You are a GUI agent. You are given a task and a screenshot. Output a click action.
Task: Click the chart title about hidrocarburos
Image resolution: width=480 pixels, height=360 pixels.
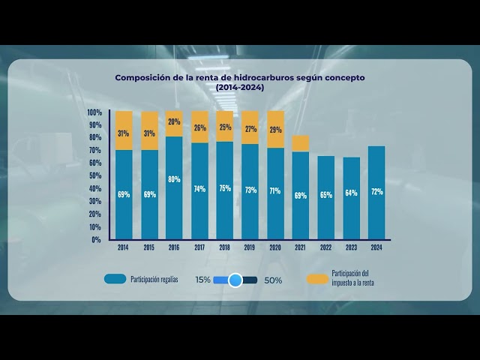click(239, 82)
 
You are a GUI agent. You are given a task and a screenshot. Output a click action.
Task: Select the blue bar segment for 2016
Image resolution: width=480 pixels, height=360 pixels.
click(174, 187)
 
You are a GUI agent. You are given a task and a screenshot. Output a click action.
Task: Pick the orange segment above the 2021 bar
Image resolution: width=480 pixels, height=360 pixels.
click(300, 143)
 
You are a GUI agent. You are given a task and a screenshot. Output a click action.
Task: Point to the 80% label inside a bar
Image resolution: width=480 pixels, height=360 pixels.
click(174, 179)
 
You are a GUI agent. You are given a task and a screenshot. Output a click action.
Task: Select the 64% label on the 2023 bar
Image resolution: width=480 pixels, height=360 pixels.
click(351, 193)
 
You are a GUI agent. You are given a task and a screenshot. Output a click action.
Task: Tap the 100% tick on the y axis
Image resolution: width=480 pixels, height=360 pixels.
click(94, 112)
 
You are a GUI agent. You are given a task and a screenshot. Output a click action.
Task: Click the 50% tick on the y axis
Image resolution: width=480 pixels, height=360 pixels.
click(96, 176)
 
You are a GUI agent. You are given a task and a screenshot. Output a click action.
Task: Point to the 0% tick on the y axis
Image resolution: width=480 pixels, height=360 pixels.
click(97, 240)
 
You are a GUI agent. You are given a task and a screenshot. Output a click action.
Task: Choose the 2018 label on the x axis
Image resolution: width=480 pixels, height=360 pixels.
click(224, 247)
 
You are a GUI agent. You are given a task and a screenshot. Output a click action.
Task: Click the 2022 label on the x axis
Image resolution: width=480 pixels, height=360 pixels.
click(325, 247)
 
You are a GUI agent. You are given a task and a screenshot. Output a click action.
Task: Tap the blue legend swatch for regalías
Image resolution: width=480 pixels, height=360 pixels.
click(115, 279)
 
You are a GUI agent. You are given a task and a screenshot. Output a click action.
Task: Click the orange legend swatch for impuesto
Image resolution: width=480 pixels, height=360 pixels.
click(318, 279)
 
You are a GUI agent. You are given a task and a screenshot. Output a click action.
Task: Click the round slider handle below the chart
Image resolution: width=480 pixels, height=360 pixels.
click(235, 280)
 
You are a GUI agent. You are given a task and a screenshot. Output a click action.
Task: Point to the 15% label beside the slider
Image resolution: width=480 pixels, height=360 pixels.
click(202, 280)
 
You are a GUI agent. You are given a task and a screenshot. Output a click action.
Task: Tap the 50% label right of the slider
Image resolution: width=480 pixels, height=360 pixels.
click(273, 280)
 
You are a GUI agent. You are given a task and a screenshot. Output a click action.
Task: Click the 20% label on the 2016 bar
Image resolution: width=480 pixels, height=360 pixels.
click(174, 121)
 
